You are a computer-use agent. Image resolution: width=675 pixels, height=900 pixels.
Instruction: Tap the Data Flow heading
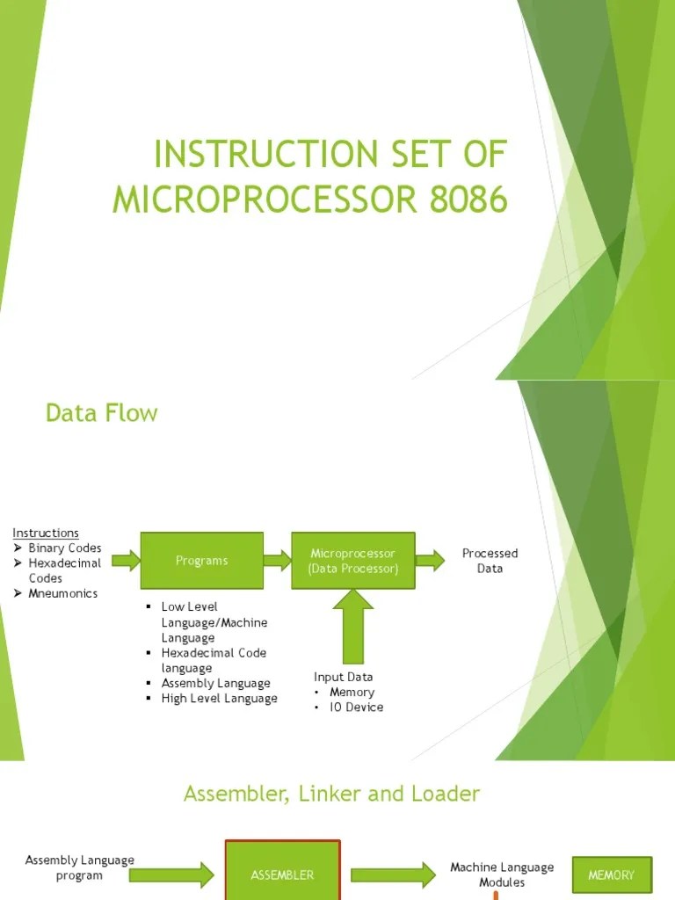pyautogui.click(x=102, y=412)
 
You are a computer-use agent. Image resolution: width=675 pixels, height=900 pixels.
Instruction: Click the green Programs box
pyautogui.click(x=201, y=561)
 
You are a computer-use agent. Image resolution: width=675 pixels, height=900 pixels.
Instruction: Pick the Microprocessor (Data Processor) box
pyautogui.click(x=352, y=561)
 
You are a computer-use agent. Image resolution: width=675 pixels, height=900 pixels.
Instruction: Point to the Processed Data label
pyautogui.click(x=490, y=561)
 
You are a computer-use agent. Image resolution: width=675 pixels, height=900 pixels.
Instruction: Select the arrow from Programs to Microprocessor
pyautogui.click(x=277, y=560)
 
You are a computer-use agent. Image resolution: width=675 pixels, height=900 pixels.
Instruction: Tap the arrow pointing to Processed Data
pyautogui.click(x=430, y=560)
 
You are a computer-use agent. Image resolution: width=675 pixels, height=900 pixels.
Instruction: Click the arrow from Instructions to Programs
pyautogui.click(x=127, y=560)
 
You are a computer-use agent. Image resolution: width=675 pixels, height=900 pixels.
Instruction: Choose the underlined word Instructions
pyautogui.click(x=46, y=533)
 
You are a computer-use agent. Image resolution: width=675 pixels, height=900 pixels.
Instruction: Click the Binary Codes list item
pyautogui.click(x=64, y=548)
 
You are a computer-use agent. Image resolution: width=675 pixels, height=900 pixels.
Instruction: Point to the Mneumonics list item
pyautogui.click(x=62, y=593)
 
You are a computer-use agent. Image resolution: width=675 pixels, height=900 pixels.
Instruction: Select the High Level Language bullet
pyautogui.click(x=219, y=698)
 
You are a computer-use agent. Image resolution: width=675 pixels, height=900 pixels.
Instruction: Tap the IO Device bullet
pyautogui.click(x=356, y=707)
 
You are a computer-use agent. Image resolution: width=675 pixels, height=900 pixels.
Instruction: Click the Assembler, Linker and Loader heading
pyautogui.click(x=331, y=794)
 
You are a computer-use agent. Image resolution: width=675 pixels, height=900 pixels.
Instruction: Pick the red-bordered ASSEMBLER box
pyautogui.click(x=282, y=875)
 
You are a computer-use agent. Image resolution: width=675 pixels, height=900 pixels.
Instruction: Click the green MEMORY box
pyautogui.click(x=612, y=875)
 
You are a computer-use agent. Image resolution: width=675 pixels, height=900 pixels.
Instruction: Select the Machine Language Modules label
pyautogui.click(x=502, y=875)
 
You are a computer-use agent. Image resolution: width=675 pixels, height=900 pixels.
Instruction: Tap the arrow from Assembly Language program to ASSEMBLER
pyautogui.click(x=182, y=874)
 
